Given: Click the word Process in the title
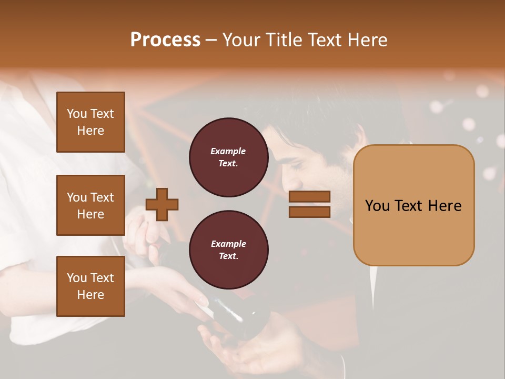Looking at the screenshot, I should click(165, 40).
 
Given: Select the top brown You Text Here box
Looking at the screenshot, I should click(90, 122).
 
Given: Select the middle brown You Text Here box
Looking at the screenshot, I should click(90, 205).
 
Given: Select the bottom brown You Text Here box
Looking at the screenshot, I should click(90, 286).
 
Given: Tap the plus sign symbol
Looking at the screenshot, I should click(162, 204).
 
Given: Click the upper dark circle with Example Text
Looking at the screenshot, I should click(228, 157).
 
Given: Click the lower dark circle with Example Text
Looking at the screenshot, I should click(228, 250).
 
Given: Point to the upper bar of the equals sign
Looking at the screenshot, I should click(309, 197).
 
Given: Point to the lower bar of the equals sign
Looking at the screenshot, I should click(309, 212).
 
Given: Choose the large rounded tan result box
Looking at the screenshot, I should click(413, 205).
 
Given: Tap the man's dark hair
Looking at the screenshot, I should click(316, 132).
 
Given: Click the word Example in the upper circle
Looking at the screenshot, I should click(228, 152).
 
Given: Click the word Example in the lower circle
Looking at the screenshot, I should click(228, 244).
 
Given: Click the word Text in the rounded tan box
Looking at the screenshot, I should click(414, 206).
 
